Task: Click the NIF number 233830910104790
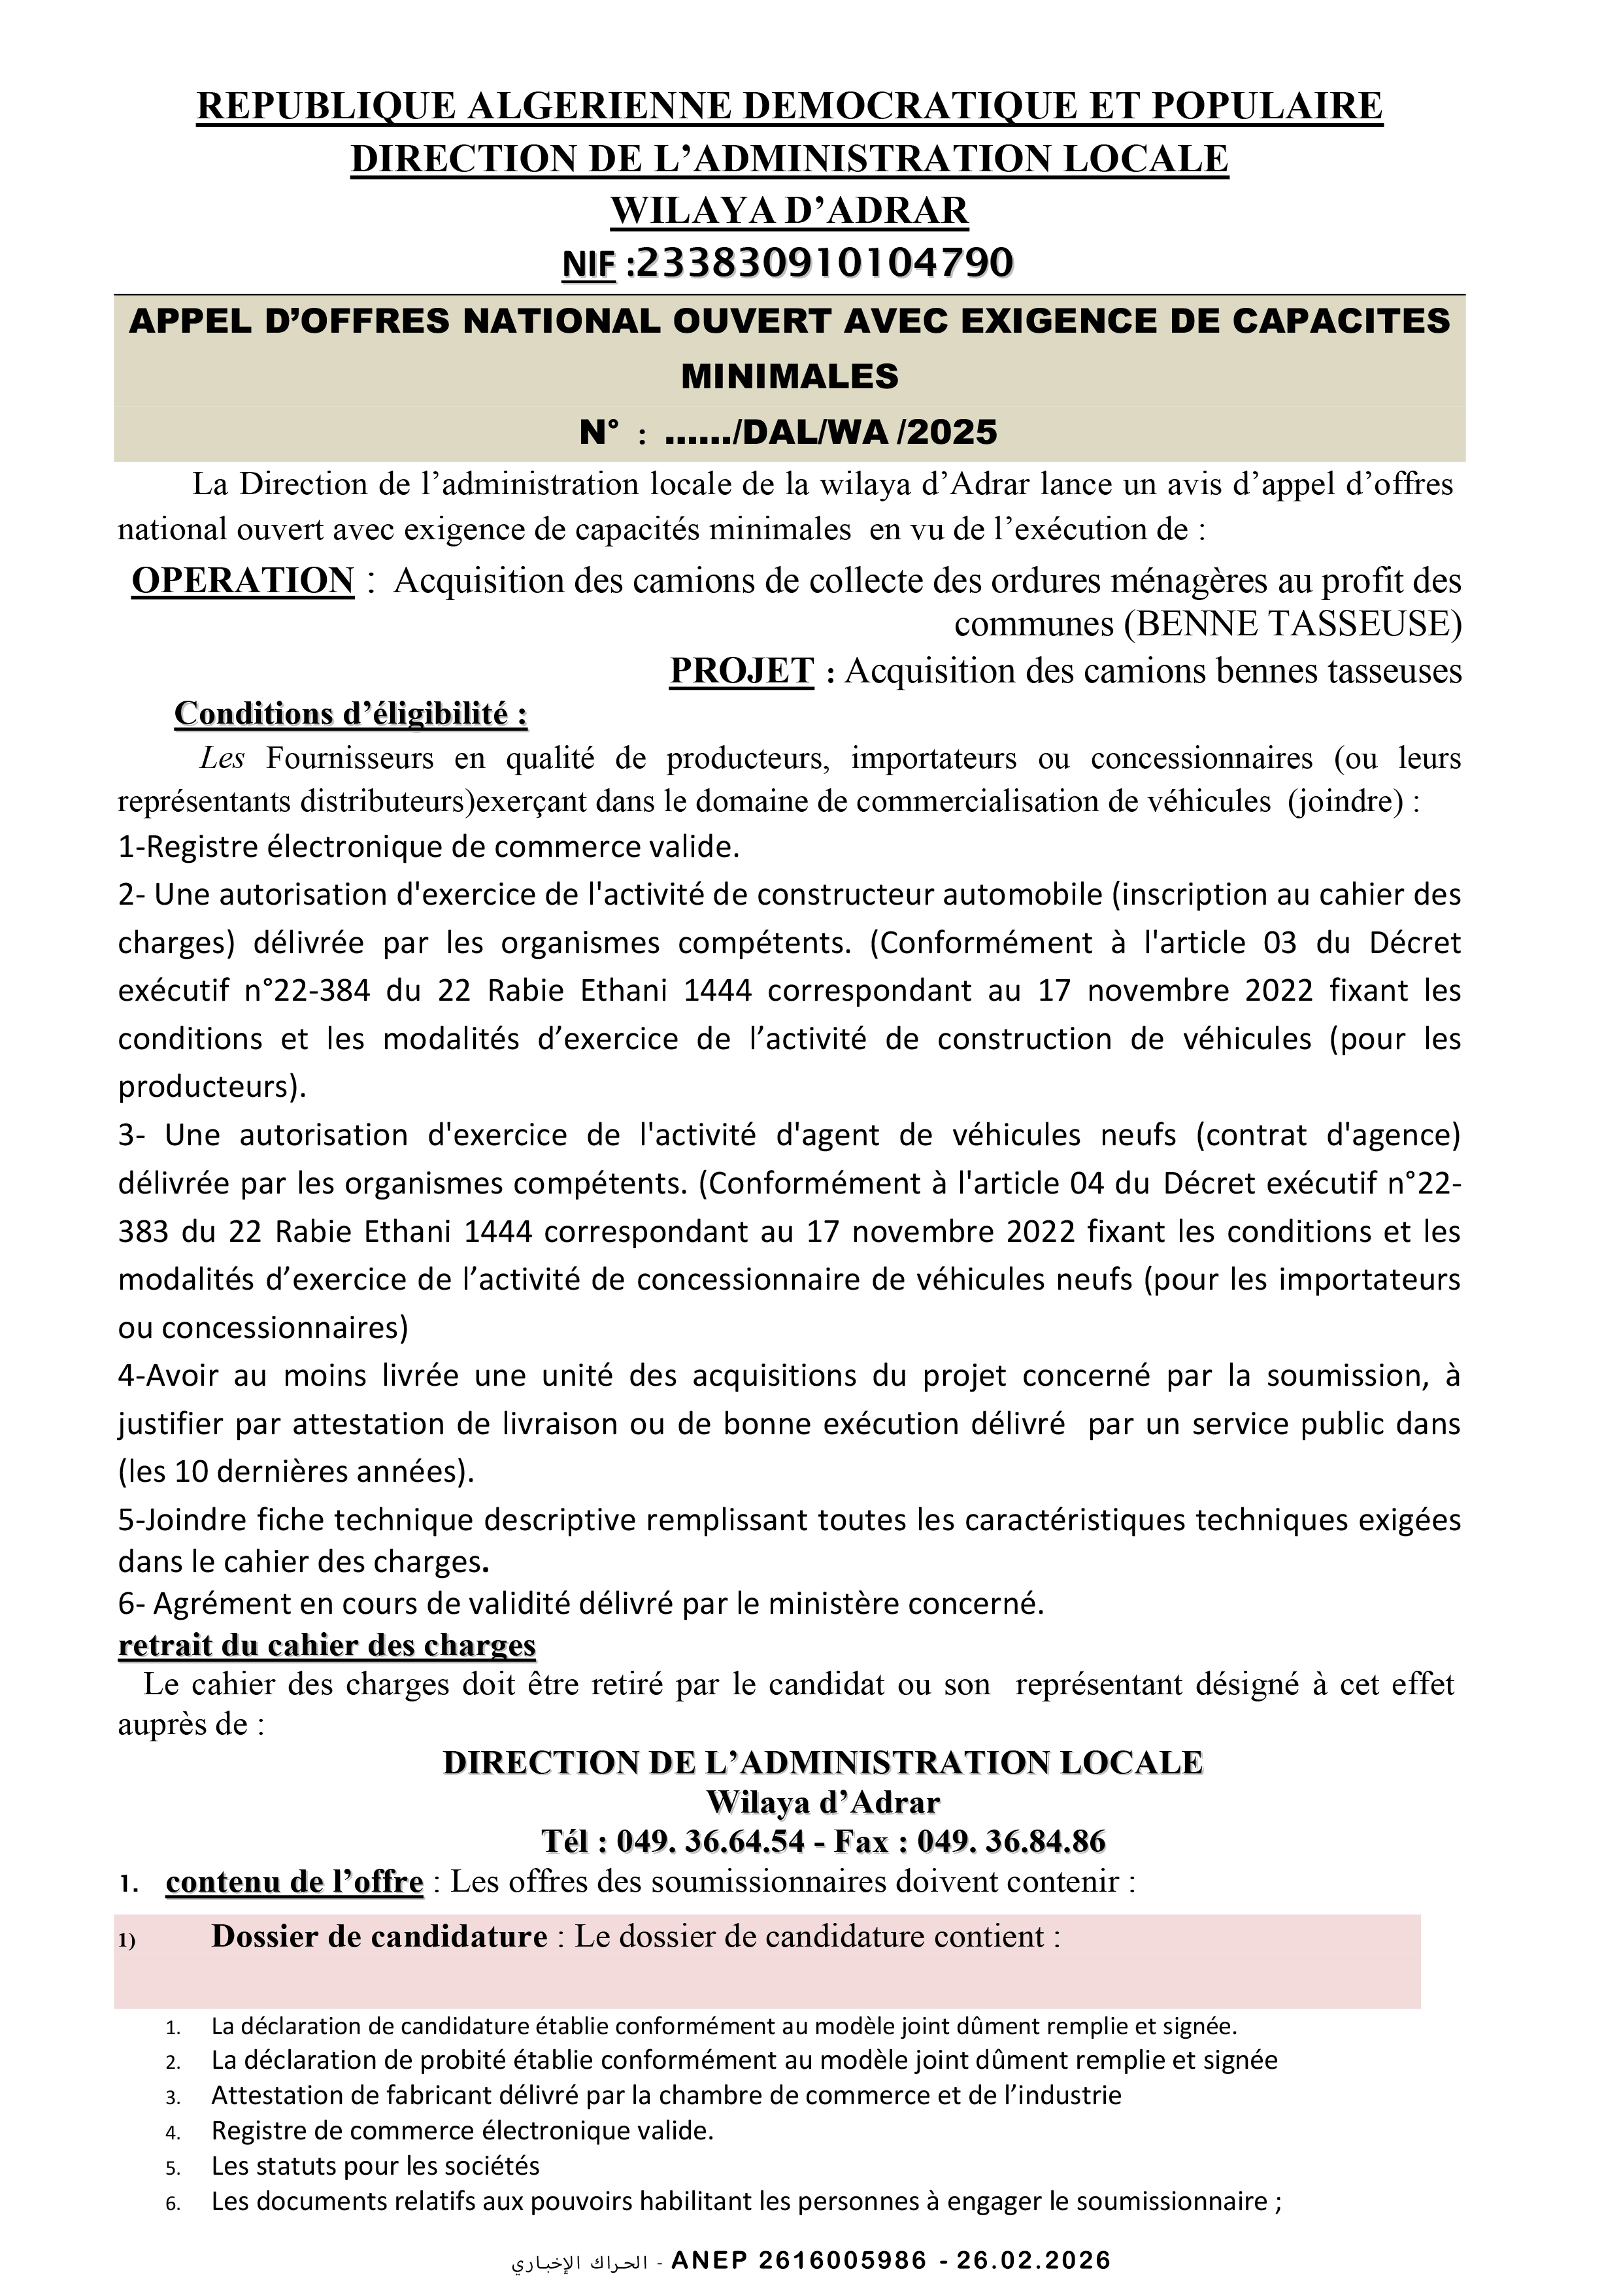click(x=824, y=263)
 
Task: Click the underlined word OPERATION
click(x=242, y=581)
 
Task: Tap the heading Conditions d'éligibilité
click(x=350, y=714)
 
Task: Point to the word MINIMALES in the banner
click(x=789, y=377)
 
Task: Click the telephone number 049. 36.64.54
click(x=710, y=1841)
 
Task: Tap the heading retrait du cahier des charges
click(x=327, y=1645)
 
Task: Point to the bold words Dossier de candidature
click(x=380, y=1937)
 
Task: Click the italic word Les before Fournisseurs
click(x=222, y=759)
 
